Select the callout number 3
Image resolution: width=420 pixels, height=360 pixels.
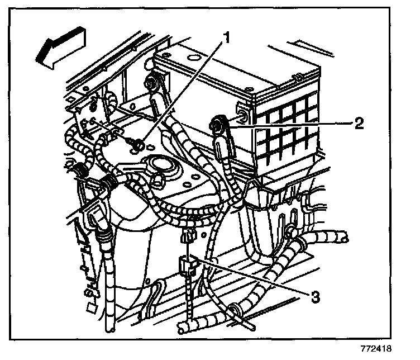[x=316, y=297]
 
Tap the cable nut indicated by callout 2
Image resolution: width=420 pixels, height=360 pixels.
[x=218, y=124]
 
